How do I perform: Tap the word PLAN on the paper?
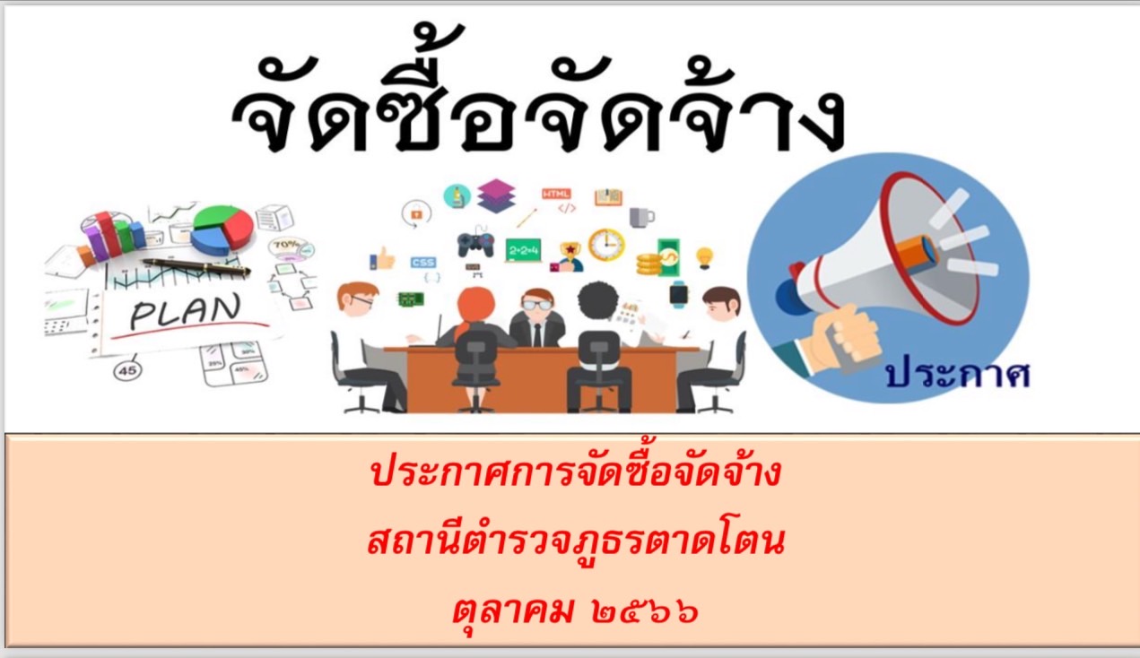184,311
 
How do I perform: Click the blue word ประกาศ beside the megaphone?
958,376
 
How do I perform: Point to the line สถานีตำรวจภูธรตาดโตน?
576,542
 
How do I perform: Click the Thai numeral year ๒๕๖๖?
644,610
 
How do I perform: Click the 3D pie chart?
222,229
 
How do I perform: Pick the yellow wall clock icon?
606,245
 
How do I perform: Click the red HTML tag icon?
556,194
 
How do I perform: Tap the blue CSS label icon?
423,263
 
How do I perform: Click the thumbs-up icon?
383,258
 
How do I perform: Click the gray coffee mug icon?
641,217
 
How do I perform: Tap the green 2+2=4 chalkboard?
524,250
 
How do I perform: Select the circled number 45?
127,371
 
